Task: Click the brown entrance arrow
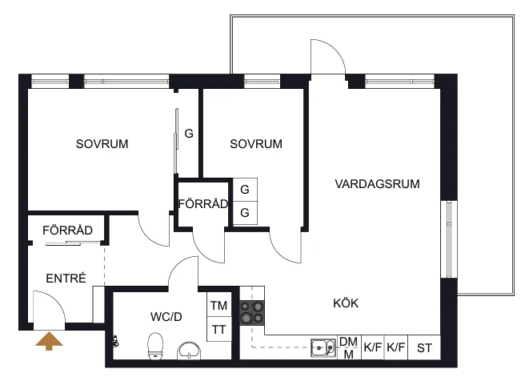[49, 341]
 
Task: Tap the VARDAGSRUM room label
[377, 184]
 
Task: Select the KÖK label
[346, 303]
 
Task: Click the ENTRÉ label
[66, 278]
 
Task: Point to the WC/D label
[166, 316]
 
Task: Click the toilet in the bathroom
[155, 346]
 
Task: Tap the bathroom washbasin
[189, 351]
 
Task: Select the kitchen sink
[323, 347]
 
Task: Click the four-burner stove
[252, 313]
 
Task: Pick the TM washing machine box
[219, 304]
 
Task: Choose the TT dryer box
[219, 329]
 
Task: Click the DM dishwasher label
[348, 342]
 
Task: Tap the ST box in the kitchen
[424, 347]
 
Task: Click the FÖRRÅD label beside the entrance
[67, 230]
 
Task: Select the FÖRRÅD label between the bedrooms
[203, 204]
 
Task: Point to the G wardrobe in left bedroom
[189, 134]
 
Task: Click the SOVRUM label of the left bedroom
[102, 144]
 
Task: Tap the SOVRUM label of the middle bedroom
[256, 144]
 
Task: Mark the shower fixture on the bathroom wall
[115, 341]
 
